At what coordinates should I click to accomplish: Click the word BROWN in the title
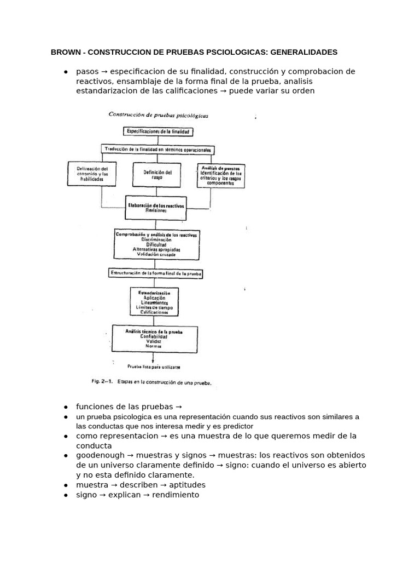click(x=65, y=53)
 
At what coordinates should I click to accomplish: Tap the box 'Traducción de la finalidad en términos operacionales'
click(x=158, y=148)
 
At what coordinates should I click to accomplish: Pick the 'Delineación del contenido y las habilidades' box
click(x=92, y=174)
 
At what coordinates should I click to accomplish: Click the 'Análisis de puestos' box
click(x=221, y=175)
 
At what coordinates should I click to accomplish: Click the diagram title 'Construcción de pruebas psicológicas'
click(x=159, y=116)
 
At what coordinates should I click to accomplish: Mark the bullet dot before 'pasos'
click(x=65, y=72)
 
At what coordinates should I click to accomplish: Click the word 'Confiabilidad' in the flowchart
click(x=153, y=337)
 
